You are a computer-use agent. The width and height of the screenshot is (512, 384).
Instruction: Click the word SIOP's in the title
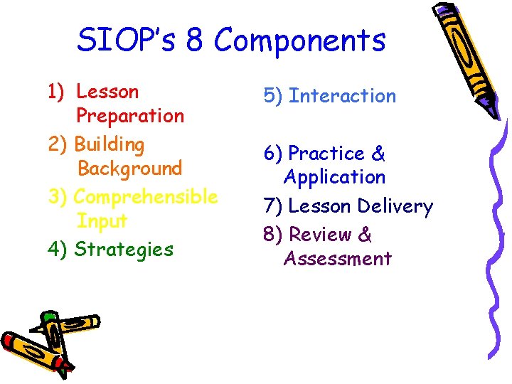pyautogui.click(x=127, y=41)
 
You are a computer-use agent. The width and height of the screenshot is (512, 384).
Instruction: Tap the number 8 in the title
pyautogui.click(x=194, y=41)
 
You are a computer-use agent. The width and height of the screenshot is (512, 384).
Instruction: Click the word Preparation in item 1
pyautogui.click(x=129, y=116)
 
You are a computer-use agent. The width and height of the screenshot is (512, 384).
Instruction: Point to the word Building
pyautogui.click(x=109, y=144)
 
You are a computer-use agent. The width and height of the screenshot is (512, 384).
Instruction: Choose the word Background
pyautogui.click(x=129, y=169)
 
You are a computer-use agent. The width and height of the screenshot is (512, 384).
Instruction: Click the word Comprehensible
pyautogui.click(x=146, y=196)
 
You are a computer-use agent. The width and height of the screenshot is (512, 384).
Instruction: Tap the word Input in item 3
pyautogui.click(x=102, y=221)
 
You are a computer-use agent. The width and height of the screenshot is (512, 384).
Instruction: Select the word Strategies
pyautogui.click(x=124, y=250)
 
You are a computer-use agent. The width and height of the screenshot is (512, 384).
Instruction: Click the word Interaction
pyautogui.click(x=343, y=96)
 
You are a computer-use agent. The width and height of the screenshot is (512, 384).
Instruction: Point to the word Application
pyautogui.click(x=334, y=177)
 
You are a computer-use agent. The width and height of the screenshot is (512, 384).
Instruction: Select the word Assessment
pyautogui.click(x=337, y=258)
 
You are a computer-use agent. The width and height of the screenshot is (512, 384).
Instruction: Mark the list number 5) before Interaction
pyautogui.click(x=273, y=96)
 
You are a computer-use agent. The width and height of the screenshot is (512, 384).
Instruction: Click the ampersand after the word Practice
pyautogui.click(x=378, y=154)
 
